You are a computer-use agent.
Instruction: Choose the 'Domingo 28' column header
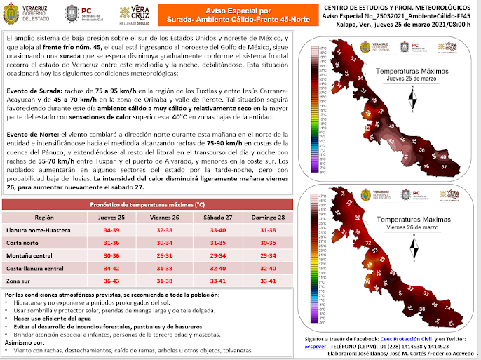[268, 218]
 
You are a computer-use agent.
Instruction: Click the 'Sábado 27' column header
[218, 218]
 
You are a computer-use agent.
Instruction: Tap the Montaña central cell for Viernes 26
[165, 255]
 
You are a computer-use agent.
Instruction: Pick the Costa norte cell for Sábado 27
[218, 243]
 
